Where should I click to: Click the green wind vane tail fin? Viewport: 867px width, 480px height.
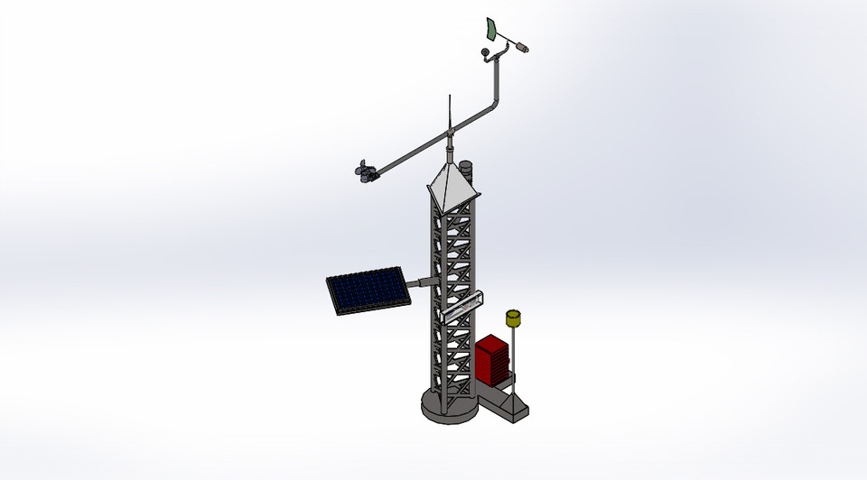[491, 28]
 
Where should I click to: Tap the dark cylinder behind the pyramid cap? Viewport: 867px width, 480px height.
[467, 168]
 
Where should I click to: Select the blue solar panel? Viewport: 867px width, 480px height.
[367, 290]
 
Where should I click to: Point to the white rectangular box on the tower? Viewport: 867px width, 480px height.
[461, 307]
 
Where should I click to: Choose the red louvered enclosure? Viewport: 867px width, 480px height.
[492, 358]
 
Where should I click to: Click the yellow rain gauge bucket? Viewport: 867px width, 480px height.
[514, 318]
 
